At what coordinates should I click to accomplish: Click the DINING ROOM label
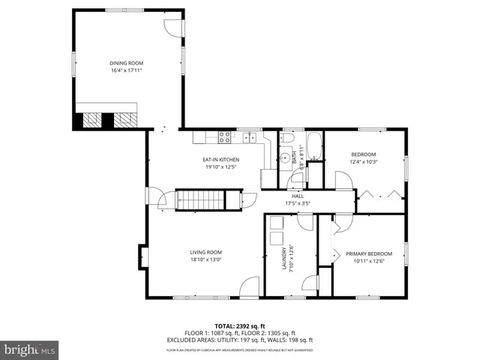click(x=126, y=63)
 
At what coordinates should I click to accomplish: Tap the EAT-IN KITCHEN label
click(x=220, y=160)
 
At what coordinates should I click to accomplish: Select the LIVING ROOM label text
click(x=205, y=252)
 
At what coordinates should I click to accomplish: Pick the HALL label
click(x=298, y=196)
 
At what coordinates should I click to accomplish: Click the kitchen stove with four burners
click(x=223, y=136)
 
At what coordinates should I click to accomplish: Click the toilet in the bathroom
click(x=286, y=157)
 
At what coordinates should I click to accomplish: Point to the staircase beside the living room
click(x=200, y=200)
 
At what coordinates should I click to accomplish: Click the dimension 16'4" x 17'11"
click(x=126, y=70)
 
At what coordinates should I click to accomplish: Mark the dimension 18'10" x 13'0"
click(x=205, y=259)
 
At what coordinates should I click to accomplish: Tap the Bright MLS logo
click(x=30, y=349)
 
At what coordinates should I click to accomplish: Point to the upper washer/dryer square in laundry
click(x=276, y=223)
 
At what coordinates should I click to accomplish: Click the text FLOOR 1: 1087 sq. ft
click(x=211, y=333)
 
